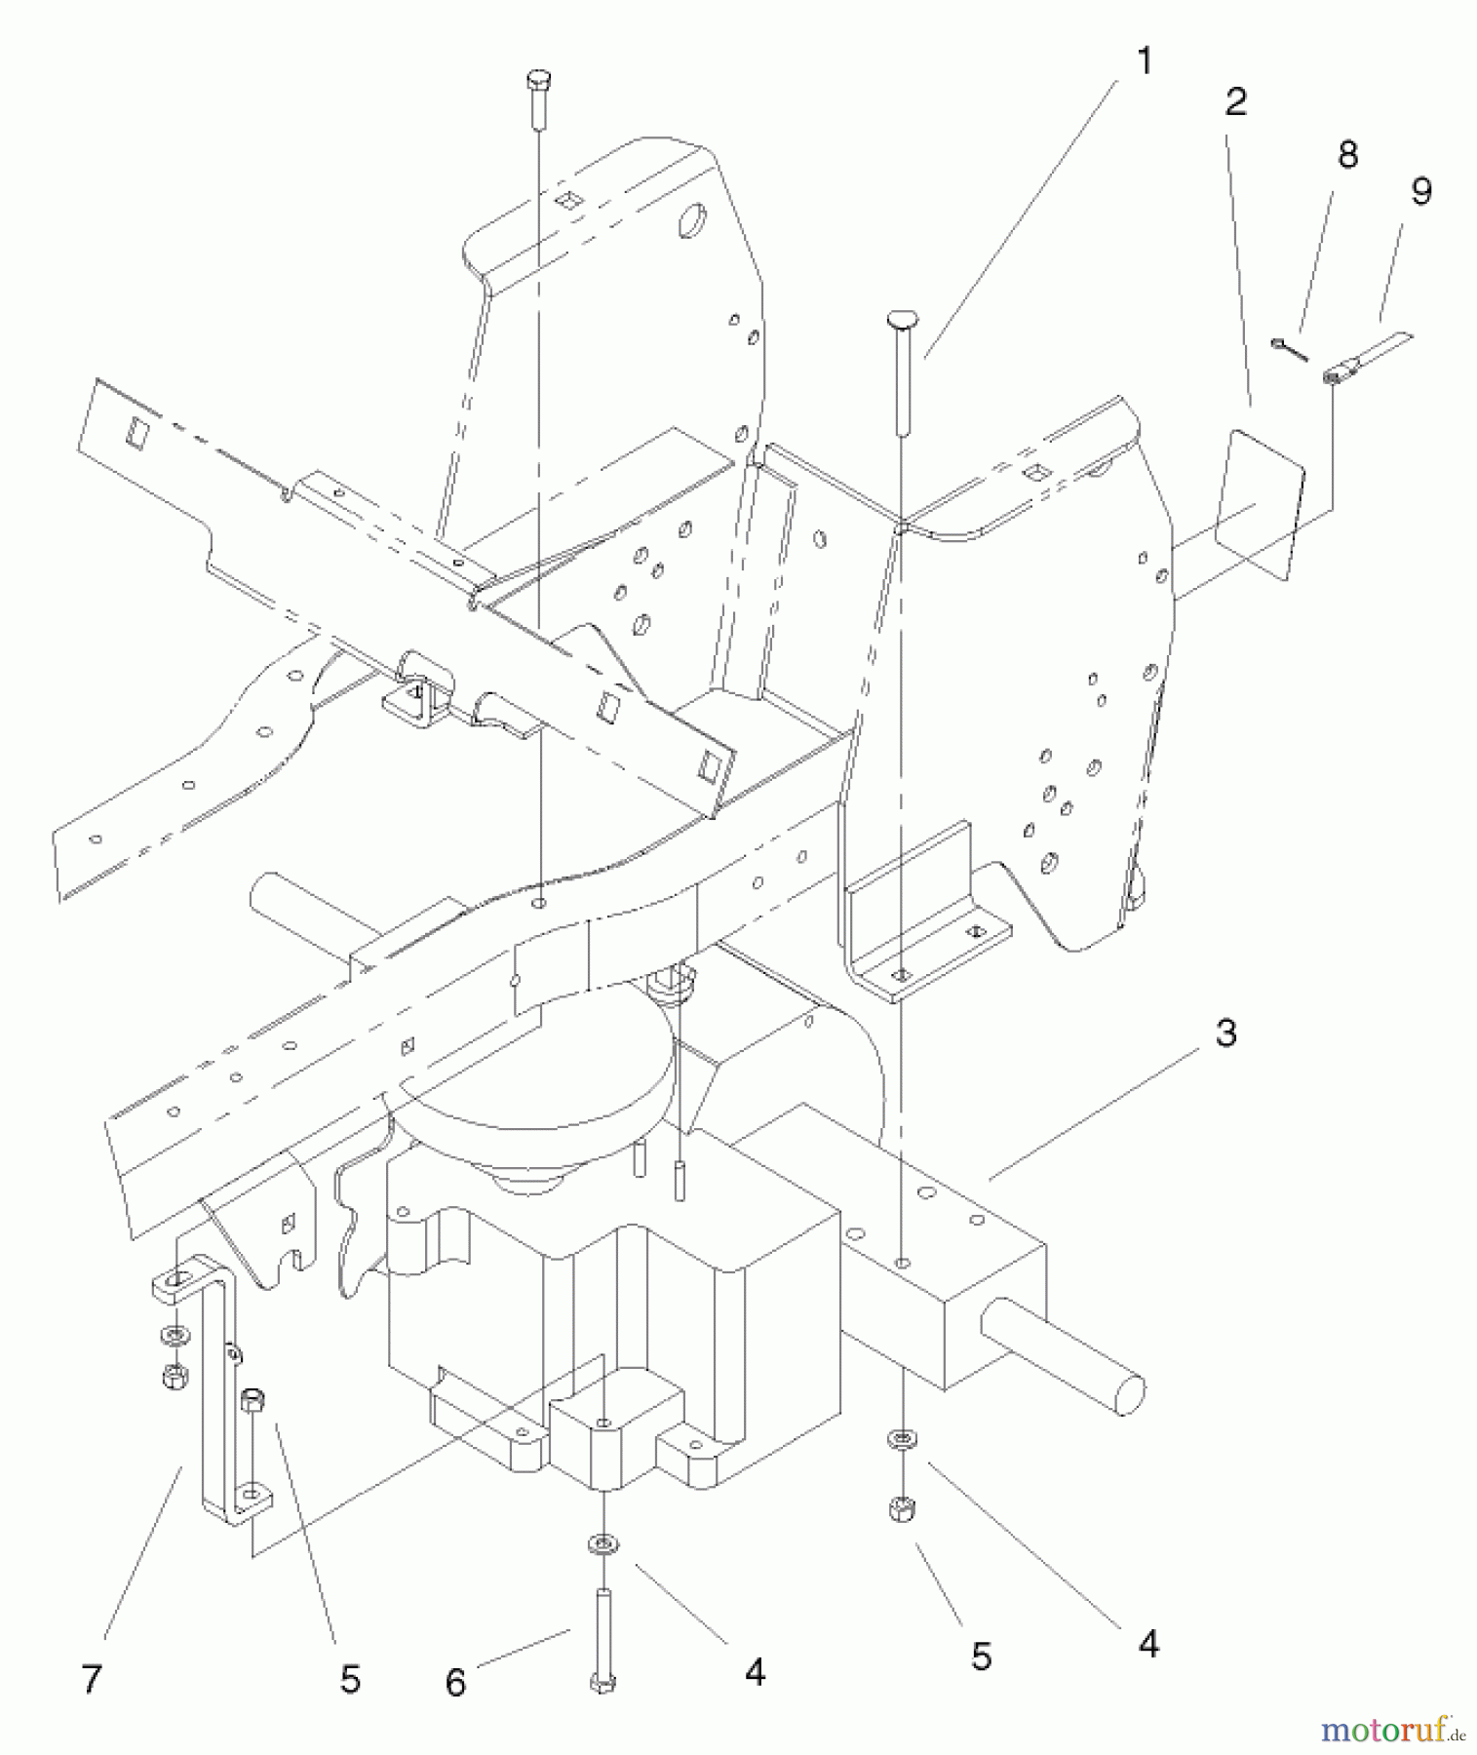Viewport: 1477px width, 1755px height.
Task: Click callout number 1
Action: tap(1145, 62)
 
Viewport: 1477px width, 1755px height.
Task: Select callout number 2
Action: tap(1236, 101)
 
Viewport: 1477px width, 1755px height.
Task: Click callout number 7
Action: tap(92, 1679)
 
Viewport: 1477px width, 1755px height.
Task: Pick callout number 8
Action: tap(1347, 154)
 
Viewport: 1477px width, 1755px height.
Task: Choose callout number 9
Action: tap(1421, 191)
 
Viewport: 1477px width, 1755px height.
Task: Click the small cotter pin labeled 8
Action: tap(1291, 349)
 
